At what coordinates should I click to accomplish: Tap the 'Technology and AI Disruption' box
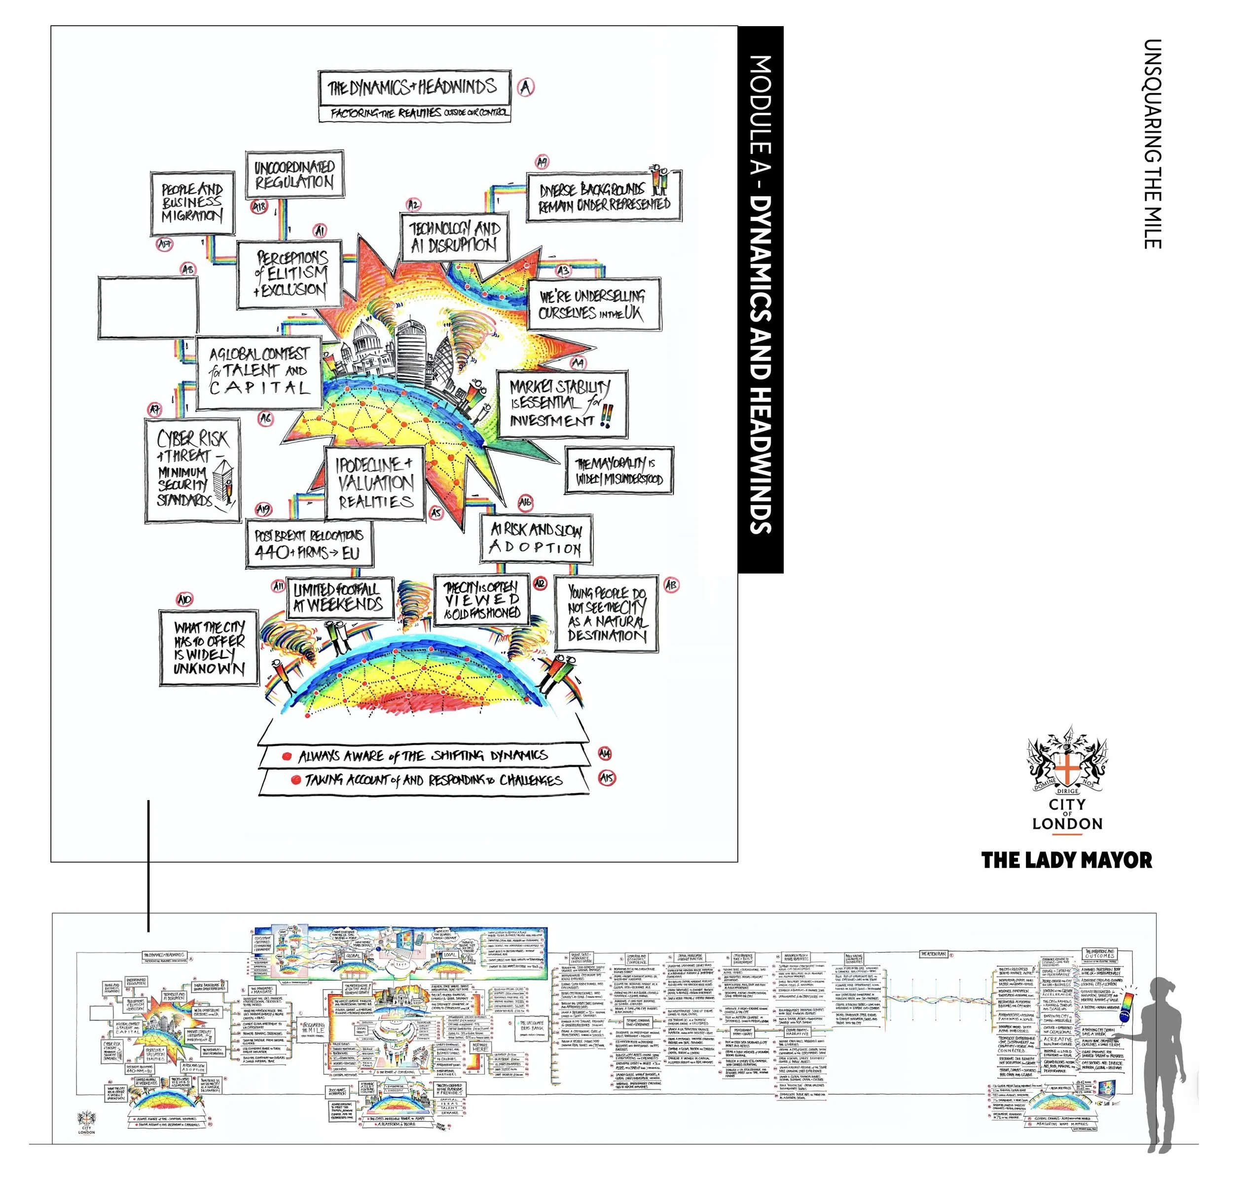pos(455,237)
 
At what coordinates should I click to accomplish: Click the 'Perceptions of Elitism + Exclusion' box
pos(290,274)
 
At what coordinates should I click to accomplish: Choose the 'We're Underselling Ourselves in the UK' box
pos(591,304)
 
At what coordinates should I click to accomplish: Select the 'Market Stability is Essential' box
pos(561,404)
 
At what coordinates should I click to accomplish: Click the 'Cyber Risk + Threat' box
pos(192,470)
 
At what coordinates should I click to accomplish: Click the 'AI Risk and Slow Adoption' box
pos(536,539)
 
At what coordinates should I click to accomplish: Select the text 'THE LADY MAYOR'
pos(1067,860)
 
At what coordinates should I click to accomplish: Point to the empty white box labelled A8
pos(148,308)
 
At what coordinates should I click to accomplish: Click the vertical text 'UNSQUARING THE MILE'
pos(1153,144)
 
